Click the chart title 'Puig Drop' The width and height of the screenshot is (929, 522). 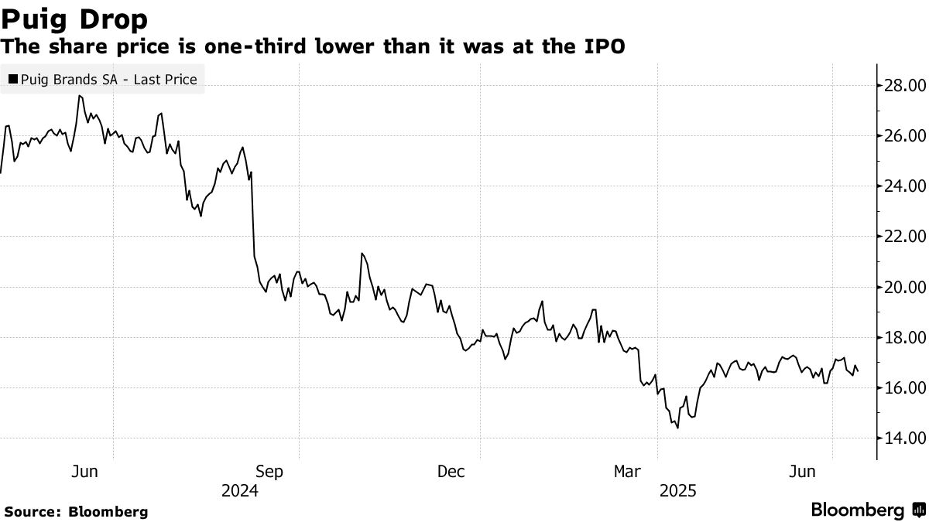[x=75, y=18]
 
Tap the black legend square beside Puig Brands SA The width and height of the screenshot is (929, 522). [x=12, y=79]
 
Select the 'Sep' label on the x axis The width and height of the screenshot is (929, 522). [x=270, y=472]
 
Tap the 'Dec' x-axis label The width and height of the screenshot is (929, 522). [x=451, y=472]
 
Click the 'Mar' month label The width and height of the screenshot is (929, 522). [x=627, y=472]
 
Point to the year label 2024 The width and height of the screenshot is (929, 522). [x=239, y=491]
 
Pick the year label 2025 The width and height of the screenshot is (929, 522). [x=679, y=491]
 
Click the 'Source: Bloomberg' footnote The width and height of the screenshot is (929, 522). [x=75, y=511]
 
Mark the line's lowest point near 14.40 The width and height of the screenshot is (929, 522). [x=678, y=428]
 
